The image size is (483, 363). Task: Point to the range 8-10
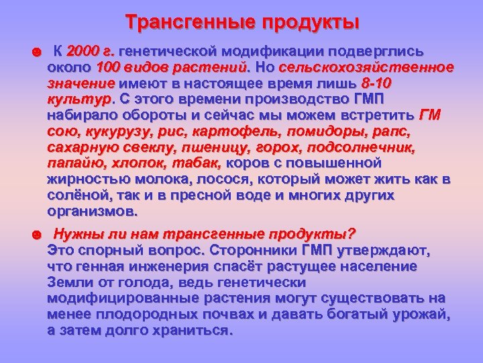tap(376, 83)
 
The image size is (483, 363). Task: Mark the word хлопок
tap(135, 163)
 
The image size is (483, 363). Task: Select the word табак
tap(197, 163)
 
